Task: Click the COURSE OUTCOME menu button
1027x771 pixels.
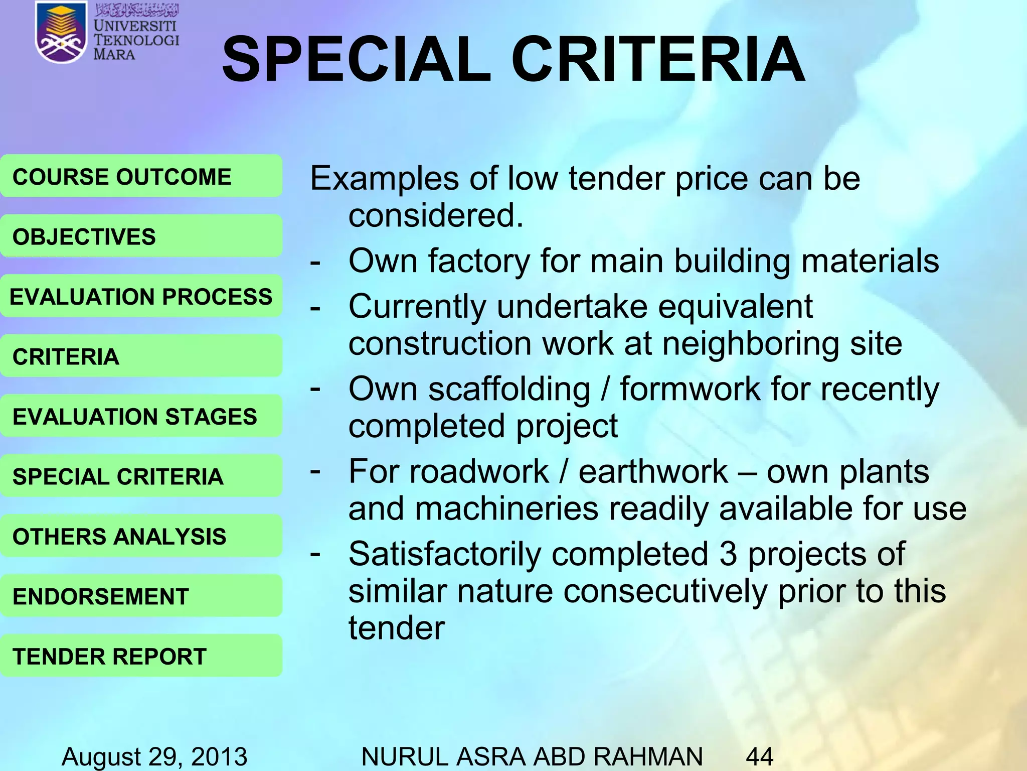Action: pyautogui.click(x=140, y=177)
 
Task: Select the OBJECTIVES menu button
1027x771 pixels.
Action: pyautogui.click(x=140, y=236)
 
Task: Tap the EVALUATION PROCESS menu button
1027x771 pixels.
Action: pyautogui.click(x=140, y=296)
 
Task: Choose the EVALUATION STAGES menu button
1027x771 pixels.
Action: pyautogui.click(x=140, y=416)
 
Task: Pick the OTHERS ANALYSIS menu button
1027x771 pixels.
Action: pyautogui.click(x=140, y=536)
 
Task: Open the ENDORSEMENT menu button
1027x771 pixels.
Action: pyautogui.click(x=140, y=596)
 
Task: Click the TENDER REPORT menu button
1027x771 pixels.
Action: pyautogui.click(x=140, y=656)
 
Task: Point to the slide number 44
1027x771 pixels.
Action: pyautogui.click(x=759, y=756)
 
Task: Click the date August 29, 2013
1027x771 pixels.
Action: pyautogui.click(x=154, y=756)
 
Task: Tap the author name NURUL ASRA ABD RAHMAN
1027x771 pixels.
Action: pyautogui.click(x=532, y=756)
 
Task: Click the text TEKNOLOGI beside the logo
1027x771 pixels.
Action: pyautogui.click(x=136, y=40)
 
